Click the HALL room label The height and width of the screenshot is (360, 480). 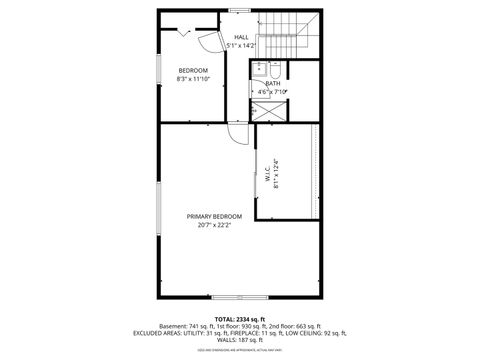coord(241,37)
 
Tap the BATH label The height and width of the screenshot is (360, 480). coord(273,83)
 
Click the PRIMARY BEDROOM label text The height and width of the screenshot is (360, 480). coord(213,217)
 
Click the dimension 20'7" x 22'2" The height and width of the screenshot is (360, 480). coord(213,225)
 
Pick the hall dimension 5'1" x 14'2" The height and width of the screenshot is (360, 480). coord(241,45)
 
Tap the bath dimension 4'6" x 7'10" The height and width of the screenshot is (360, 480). coord(273,91)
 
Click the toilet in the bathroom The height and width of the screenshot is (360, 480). coord(276,70)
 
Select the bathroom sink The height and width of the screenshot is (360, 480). coord(258,69)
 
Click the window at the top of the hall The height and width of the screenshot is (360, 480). coord(240,10)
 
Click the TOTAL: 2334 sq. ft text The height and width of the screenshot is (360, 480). coord(239,318)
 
